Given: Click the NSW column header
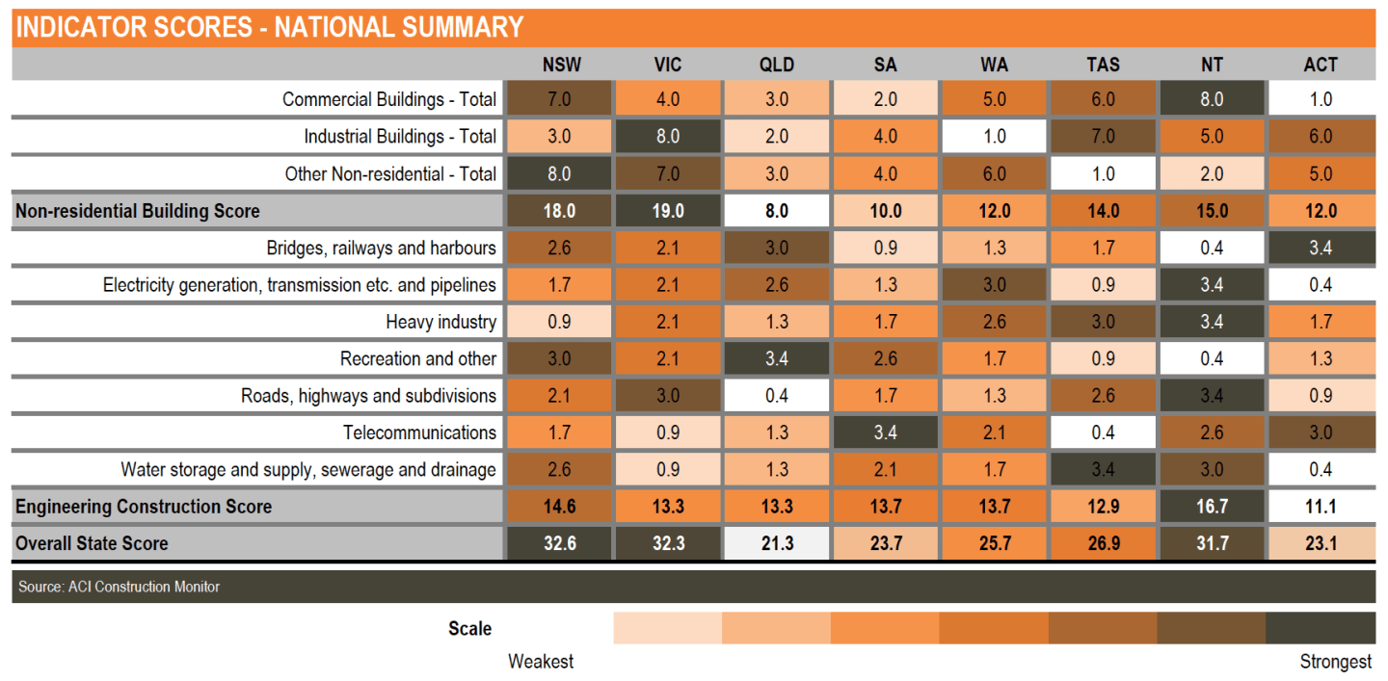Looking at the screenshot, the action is pyautogui.click(x=561, y=65).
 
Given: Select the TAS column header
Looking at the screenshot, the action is pyautogui.click(x=1103, y=65).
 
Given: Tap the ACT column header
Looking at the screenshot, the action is pyautogui.click(x=1321, y=65).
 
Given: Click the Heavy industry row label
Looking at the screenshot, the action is pyautogui.click(x=440, y=322).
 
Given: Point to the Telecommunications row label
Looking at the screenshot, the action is pyautogui.click(x=419, y=432).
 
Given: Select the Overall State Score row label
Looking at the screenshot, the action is pyautogui.click(x=92, y=543).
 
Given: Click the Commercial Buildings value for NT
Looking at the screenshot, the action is pyautogui.click(x=1212, y=99).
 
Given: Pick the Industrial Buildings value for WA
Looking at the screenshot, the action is pyautogui.click(x=995, y=136).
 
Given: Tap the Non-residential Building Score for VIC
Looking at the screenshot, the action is pyautogui.click(x=668, y=211).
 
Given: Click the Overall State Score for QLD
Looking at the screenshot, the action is pyautogui.click(x=777, y=543).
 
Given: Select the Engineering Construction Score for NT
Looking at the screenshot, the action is pyautogui.click(x=1212, y=507).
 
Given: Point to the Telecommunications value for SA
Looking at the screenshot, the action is pyautogui.click(x=886, y=432).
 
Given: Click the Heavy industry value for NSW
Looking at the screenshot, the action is pyautogui.click(x=559, y=322).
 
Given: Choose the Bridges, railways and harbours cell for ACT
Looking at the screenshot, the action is pyautogui.click(x=1321, y=248).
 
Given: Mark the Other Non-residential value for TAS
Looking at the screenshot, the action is pyautogui.click(x=1103, y=173).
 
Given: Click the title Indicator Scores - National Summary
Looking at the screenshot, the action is pyautogui.click(x=270, y=27).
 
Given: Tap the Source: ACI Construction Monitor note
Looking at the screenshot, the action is pyautogui.click(x=119, y=587).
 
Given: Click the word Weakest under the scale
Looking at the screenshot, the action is pyautogui.click(x=541, y=661).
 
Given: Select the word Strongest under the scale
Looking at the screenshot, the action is pyautogui.click(x=1335, y=662).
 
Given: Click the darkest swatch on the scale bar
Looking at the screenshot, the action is pyautogui.click(x=1321, y=628).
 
